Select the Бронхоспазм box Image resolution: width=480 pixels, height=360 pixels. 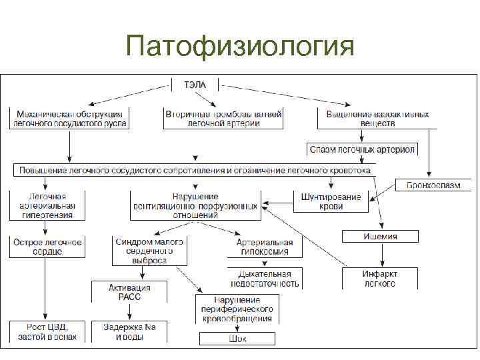(x=433, y=185)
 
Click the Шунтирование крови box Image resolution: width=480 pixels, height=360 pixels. (x=331, y=201)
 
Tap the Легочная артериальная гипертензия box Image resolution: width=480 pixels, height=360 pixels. (x=47, y=206)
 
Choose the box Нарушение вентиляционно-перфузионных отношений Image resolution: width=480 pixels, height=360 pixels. (x=195, y=206)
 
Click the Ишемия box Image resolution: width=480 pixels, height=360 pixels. (x=380, y=236)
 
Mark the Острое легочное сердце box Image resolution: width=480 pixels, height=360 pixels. (x=47, y=247)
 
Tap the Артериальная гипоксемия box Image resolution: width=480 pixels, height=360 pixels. (x=265, y=247)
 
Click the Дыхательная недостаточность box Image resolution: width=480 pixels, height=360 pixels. (x=265, y=278)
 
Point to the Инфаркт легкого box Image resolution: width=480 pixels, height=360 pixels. (x=379, y=278)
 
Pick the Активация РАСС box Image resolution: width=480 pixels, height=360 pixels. (x=129, y=292)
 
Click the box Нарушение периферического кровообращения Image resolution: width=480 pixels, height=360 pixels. (x=237, y=309)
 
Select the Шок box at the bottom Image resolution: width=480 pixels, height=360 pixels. (x=237, y=339)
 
